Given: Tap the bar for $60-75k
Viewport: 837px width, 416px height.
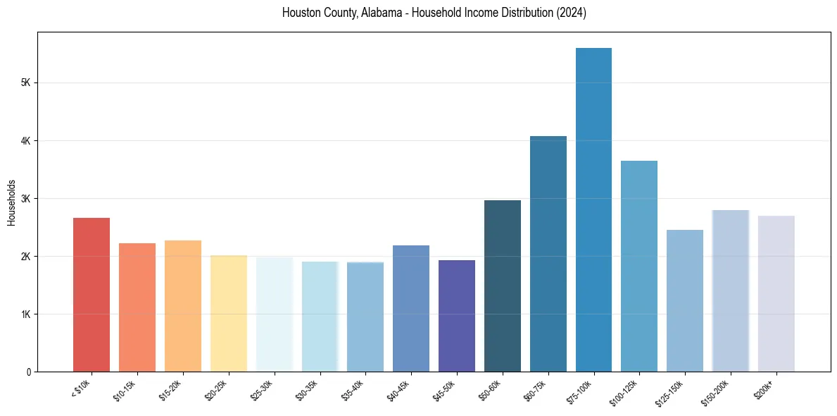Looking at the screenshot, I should click(x=548, y=254).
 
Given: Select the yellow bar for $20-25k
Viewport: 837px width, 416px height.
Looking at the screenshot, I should click(x=229, y=313).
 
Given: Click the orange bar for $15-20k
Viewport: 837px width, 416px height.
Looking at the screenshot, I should click(x=183, y=306).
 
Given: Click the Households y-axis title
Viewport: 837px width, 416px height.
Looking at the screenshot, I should click(x=11, y=202).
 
